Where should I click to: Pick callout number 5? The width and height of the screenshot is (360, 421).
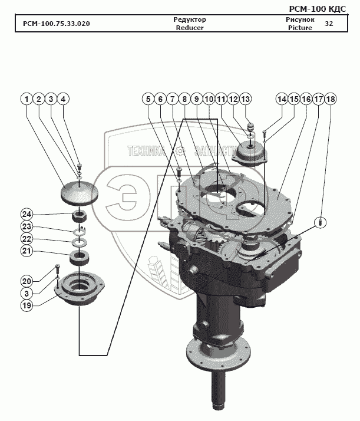tap(147, 99)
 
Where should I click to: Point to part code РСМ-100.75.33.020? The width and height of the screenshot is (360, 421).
tap(57, 24)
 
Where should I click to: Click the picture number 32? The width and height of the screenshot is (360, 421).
tap(329, 24)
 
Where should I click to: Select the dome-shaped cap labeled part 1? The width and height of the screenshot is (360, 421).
tap(78, 192)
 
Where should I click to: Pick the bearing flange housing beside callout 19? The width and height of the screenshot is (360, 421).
tap(81, 291)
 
